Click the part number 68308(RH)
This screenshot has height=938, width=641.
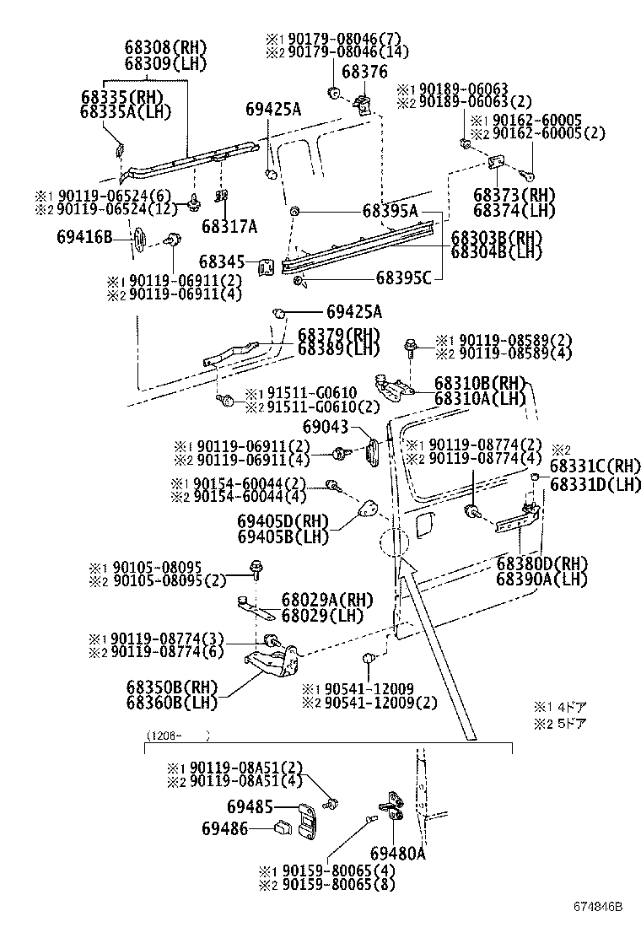click(165, 48)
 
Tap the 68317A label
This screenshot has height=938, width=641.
click(229, 225)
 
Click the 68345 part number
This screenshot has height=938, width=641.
click(222, 262)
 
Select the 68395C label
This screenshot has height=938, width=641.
click(403, 277)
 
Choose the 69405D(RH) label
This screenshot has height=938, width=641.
click(281, 522)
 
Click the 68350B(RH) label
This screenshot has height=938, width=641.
click(170, 686)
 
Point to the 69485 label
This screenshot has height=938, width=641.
click(250, 807)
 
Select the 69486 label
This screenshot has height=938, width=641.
click(224, 829)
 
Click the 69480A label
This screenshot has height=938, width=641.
click(397, 854)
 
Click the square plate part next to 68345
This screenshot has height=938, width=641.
click(266, 265)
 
